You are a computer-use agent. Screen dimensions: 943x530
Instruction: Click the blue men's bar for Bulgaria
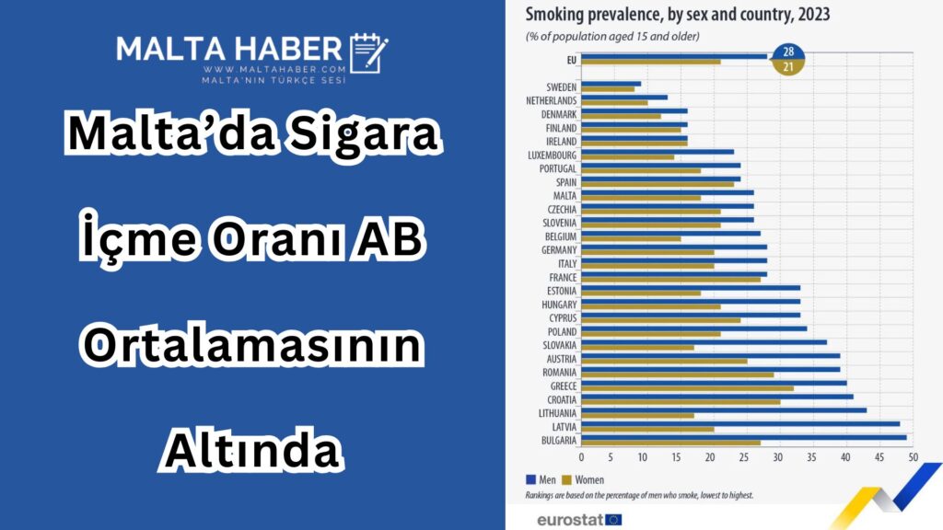tap(744, 437)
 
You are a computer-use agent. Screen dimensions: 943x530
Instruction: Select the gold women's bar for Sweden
tap(608, 89)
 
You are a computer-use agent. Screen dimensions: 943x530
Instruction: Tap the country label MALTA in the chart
tap(565, 196)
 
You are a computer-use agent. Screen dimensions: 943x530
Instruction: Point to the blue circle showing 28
tap(788, 52)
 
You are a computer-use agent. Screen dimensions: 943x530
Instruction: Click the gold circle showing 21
tap(788, 66)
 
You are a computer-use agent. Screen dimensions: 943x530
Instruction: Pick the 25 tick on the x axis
tap(744, 457)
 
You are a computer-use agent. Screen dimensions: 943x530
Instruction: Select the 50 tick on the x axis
tap(913, 457)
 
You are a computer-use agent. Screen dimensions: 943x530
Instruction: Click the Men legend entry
tap(541, 479)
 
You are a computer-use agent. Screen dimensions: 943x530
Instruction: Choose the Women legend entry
tap(583, 479)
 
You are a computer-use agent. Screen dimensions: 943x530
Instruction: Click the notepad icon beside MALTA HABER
tap(368, 52)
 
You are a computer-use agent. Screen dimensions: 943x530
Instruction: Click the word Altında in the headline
tap(252, 449)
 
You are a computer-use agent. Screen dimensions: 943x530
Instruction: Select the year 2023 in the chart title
tap(814, 14)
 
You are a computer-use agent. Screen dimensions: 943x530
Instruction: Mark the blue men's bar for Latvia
tap(741, 423)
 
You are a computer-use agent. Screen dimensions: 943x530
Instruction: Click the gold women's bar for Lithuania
tap(637, 416)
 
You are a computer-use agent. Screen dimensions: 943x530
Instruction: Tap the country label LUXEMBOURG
tap(553, 155)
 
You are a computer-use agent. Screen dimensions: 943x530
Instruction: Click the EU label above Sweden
tap(571, 60)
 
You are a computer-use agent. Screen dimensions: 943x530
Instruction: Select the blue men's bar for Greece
tap(714, 383)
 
